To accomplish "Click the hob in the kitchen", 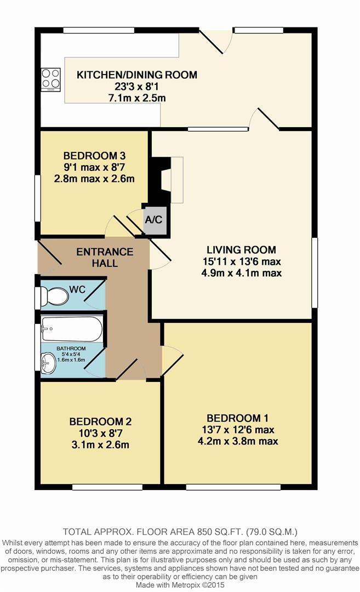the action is coord(50,80).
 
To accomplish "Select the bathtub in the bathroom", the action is coord(71,329).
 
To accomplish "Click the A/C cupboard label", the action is coord(153,219).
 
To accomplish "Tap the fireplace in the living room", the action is coord(166,180).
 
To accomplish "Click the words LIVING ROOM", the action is coord(241,249).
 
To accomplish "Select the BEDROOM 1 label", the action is coord(238,418).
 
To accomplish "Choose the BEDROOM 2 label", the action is coord(100,422).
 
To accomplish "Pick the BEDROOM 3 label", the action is coord(94,156).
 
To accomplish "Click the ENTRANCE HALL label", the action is coord(105,258).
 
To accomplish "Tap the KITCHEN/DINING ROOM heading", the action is coord(137,75).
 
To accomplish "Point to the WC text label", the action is coord(77,289).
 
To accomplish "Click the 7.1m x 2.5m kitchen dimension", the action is coord(137,98).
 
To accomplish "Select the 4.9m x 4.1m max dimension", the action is coord(242,273).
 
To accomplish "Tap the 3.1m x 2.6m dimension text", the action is coord(100,445).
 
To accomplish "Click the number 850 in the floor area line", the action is coord(204,532).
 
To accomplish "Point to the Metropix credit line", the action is coord(180,585).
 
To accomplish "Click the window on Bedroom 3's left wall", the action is coord(37,198).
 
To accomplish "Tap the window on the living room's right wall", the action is coord(315,272).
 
